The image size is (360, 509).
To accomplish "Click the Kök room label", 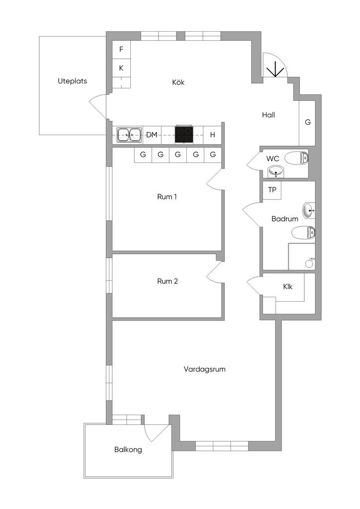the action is point(178,83).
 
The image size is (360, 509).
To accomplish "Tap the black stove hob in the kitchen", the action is point(184,134).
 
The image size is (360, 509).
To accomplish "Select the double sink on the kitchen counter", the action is point(129,135).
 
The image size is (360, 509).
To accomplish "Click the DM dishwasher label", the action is point(152,135).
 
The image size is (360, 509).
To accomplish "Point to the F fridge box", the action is point(121,49).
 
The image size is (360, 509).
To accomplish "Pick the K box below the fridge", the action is point(121,68).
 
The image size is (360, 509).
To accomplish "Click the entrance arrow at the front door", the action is point(275,69).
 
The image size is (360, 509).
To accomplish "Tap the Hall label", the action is point(269,115).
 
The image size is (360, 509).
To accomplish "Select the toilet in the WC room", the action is point(296,158).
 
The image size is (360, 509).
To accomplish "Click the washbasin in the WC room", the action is point(276,171).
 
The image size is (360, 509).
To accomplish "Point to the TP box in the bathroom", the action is point(272,190).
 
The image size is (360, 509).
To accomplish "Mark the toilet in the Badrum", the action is point(303,233).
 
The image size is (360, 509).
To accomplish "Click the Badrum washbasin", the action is point(309,211).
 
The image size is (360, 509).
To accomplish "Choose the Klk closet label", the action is point(287,287).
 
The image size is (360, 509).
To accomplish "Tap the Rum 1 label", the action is point(167,197).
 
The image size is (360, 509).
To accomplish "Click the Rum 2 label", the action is point(168,281).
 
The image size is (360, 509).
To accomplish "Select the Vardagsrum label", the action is point(204,369).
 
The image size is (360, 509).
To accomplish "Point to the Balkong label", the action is point(128,449).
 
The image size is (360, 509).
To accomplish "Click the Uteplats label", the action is point(73,81).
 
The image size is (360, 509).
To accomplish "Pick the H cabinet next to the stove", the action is point(213,135).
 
